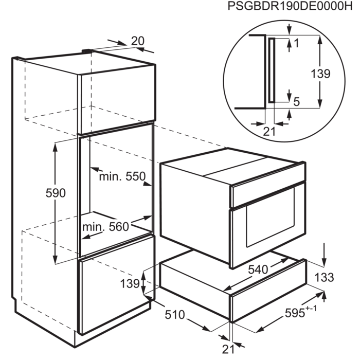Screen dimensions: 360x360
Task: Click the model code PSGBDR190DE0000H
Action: [x=290, y=6]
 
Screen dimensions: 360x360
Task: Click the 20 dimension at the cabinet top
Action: [x=138, y=41]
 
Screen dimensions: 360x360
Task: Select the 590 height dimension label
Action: [x=56, y=193]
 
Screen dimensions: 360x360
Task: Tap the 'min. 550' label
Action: [x=122, y=176]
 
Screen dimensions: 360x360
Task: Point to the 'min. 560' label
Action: [x=105, y=227]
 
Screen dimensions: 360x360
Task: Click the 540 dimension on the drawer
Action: [x=258, y=269]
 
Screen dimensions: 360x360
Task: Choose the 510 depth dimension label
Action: [x=175, y=315]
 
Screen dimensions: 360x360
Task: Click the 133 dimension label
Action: [x=324, y=277]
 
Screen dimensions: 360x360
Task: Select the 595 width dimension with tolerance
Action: [x=300, y=312]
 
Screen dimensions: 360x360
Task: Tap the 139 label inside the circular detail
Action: [x=320, y=74]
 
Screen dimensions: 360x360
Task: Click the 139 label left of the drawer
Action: [x=130, y=284]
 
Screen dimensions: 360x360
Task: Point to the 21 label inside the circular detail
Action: [x=269, y=132]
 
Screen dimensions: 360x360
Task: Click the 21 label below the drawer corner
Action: [x=228, y=349]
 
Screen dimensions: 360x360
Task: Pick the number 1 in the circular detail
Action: [x=296, y=43]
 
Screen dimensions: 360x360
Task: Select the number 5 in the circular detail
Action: [x=297, y=102]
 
